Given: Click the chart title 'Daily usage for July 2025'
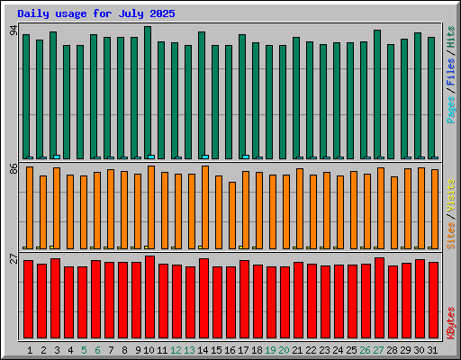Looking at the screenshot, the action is (96, 13).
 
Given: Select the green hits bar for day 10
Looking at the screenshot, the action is (148, 93).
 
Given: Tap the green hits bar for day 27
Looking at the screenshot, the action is (377, 94).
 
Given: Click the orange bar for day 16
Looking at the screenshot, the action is (232, 215).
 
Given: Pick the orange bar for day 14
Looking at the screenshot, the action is (205, 207).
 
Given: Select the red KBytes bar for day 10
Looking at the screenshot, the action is (149, 297).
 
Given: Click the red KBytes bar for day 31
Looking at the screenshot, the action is (434, 300).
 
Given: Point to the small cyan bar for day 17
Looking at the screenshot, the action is (246, 157).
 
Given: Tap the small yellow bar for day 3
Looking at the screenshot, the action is (51, 247).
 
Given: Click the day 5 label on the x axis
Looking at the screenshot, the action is (84, 350).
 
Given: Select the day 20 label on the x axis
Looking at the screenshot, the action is (284, 350).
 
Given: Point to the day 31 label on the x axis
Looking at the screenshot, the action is (432, 350).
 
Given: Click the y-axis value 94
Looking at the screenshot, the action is (14, 31).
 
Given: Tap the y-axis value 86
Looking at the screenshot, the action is (14, 169).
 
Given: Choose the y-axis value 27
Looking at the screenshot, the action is (14, 258).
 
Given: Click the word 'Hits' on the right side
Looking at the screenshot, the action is (451, 37).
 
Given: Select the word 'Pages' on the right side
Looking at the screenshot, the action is (451, 110).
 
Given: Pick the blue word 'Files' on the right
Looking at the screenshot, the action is (451, 71).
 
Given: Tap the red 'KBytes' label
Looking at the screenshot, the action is (451, 323).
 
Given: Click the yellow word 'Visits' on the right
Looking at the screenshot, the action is (451, 195).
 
